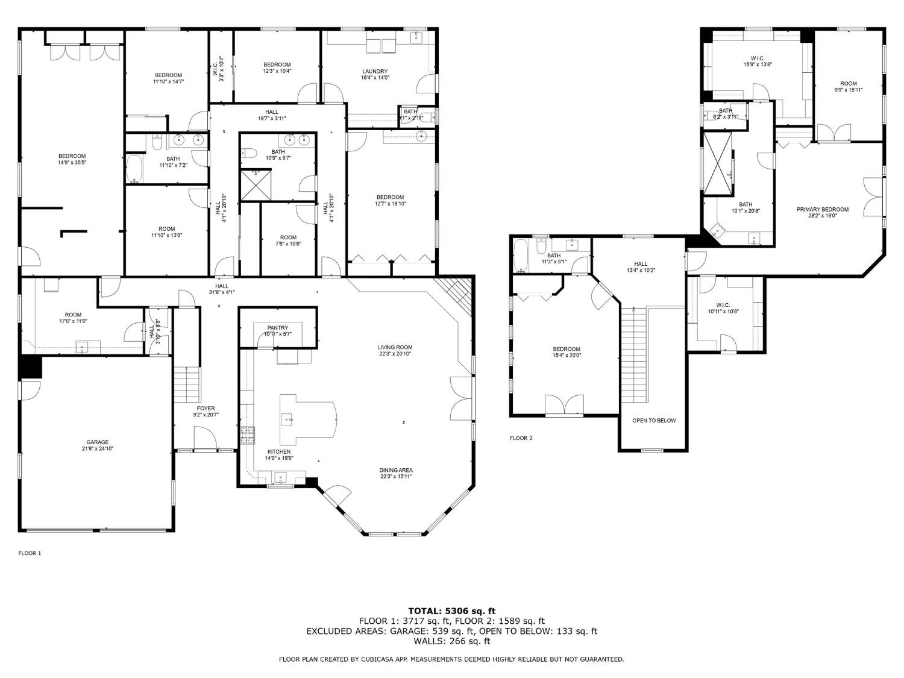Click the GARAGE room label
(x=97, y=442)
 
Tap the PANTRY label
(x=278, y=328)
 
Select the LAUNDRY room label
(x=375, y=71)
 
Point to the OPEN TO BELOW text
(x=654, y=421)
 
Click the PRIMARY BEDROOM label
(x=822, y=210)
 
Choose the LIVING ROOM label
(x=395, y=347)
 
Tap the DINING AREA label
(x=396, y=470)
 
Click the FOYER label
(x=206, y=408)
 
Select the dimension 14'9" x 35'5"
(x=72, y=163)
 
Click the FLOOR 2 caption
(x=521, y=438)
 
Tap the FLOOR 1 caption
(x=30, y=553)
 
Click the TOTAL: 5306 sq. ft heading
(x=451, y=611)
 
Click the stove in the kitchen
(x=248, y=435)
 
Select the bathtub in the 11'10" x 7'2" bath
(x=134, y=170)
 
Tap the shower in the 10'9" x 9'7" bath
(x=256, y=185)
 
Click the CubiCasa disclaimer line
(x=451, y=659)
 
